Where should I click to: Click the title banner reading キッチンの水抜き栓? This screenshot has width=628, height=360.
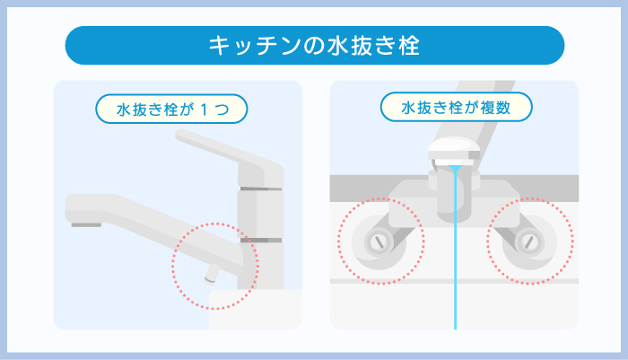pos(314,45)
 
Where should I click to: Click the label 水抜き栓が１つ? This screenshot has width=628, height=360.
pos(170,110)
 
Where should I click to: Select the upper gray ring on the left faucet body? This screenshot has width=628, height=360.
pos(260,189)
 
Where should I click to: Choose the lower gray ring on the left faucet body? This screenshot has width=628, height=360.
pos(260,240)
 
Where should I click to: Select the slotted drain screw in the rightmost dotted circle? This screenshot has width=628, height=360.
pos(530,240)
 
